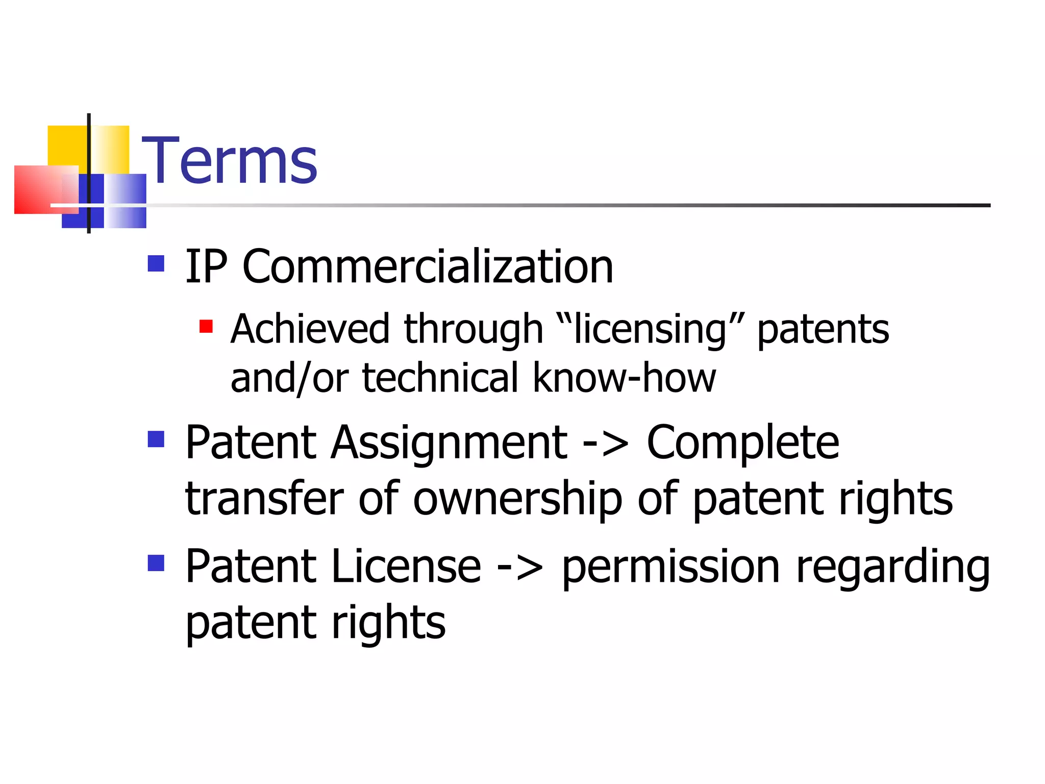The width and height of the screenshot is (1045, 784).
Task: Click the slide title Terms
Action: coord(230,161)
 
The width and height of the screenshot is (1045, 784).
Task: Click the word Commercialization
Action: coord(428,266)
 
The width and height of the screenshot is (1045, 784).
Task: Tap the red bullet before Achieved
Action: coord(206,327)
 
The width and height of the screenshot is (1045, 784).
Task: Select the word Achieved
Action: coord(310,329)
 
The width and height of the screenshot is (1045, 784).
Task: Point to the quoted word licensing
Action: coord(650,330)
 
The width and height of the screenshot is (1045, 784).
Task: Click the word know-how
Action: coord(624,378)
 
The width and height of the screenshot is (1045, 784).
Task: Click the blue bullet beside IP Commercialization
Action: coord(156,263)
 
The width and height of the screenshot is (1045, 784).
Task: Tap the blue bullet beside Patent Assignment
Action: coord(156,439)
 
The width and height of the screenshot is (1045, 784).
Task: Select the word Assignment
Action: coord(449,442)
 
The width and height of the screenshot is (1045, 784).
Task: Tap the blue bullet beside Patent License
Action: coord(156,563)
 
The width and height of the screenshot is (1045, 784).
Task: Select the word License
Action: coord(406,566)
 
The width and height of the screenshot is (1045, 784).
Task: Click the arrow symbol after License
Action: coord(520,567)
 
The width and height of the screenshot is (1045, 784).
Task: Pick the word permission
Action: coord(671,567)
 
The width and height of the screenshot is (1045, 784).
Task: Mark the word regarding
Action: coord(893,567)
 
